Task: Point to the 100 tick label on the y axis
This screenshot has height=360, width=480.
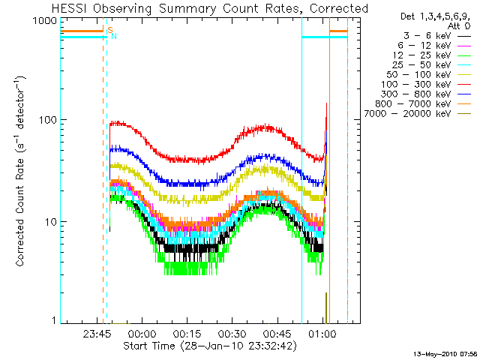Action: pyautogui.click(x=49, y=120)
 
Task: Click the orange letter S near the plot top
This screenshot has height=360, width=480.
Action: pyautogui.click(x=110, y=30)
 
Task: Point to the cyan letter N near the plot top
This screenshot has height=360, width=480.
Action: pyautogui.click(x=114, y=35)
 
